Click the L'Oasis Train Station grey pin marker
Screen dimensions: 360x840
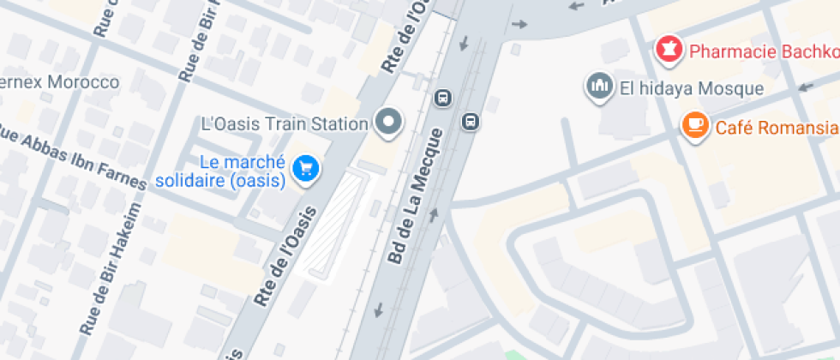point(390,122)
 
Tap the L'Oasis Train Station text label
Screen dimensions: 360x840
point(284,123)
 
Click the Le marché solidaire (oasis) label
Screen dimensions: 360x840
point(220,171)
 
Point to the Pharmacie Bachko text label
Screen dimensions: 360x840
point(763,52)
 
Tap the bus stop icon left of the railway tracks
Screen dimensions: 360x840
point(442,97)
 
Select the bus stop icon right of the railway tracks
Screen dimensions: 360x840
point(470,121)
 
